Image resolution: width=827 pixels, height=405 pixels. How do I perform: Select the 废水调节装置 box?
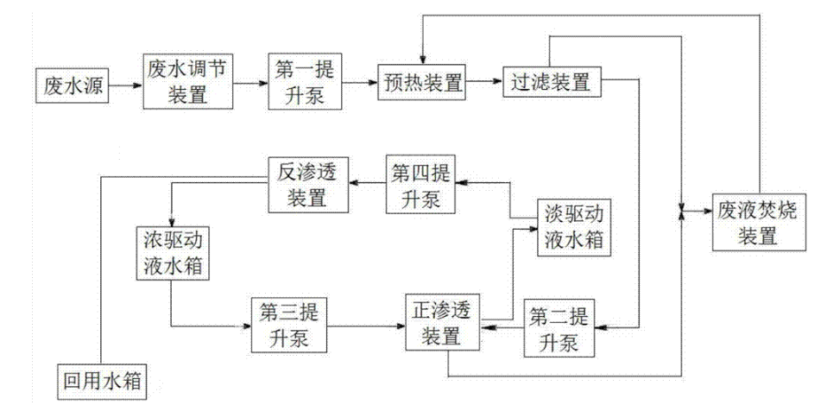(187, 82)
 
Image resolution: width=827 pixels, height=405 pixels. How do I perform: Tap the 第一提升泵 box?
(307, 83)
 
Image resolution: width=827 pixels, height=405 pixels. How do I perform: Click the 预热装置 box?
(421, 84)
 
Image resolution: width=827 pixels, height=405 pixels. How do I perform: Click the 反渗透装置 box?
(307, 185)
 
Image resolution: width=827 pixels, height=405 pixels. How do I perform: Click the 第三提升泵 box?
(290, 324)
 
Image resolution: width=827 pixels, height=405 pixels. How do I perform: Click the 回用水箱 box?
(100, 378)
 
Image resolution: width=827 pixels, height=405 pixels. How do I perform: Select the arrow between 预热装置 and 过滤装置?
(483, 84)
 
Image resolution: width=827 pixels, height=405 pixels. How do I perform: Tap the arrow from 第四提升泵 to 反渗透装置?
(367, 184)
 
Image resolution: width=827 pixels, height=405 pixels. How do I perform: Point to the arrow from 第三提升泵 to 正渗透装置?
(368, 326)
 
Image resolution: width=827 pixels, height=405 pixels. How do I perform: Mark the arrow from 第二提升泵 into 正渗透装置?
(504, 327)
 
